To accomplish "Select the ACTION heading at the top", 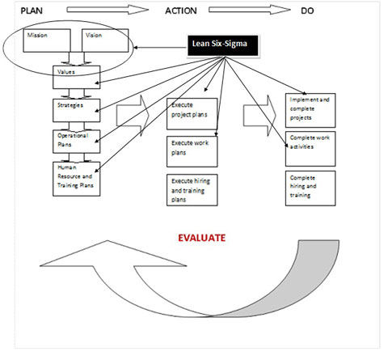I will (x=182, y=10).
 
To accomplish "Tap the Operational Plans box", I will (x=76, y=140).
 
